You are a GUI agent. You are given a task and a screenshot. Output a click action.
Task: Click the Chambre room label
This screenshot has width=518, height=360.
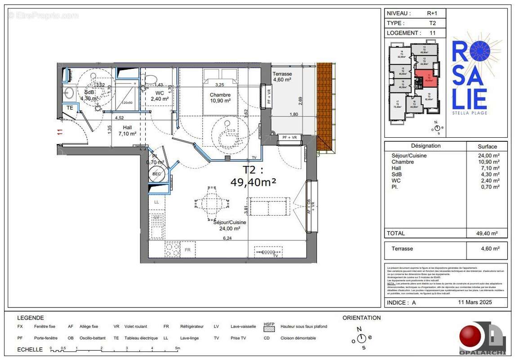[220, 95]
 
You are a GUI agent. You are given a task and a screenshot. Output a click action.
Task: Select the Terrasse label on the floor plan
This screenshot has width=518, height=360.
[282, 74]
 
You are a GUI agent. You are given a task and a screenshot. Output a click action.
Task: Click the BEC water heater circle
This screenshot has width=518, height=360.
[157, 174]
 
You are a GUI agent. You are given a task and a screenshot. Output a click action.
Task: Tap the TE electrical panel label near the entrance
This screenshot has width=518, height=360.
[70, 108]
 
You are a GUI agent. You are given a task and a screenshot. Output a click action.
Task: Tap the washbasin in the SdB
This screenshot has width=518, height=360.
[69, 94]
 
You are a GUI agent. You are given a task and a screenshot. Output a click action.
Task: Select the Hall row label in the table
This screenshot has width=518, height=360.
[397, 168]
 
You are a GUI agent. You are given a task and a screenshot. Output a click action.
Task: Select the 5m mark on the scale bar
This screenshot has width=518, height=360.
[178, 348]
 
